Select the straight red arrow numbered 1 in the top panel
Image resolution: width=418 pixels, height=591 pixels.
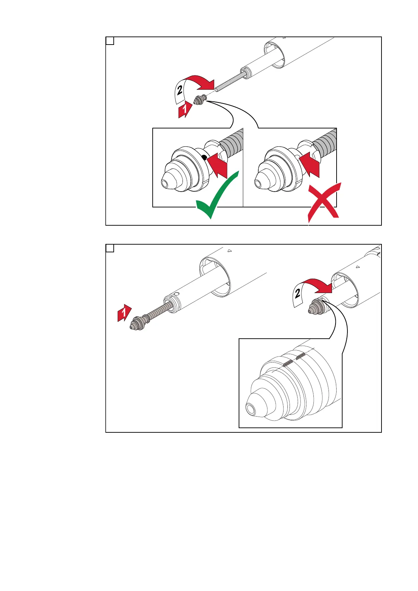tap(185, 109)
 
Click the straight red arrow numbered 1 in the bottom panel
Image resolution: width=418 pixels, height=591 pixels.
tap(124, 313)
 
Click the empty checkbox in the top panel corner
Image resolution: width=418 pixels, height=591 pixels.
tap(110, 41)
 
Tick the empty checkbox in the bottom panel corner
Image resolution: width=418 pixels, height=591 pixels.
tap(110, 248)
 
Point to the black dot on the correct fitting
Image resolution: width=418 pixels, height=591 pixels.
tap(204, 158)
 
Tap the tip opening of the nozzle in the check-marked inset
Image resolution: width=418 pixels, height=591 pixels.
tap(165, 184)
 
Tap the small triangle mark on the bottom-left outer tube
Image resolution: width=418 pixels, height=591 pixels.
tap(230, 251)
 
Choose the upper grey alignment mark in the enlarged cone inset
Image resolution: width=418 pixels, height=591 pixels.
tap(300, 357)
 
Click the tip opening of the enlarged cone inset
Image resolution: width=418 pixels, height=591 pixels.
tap(251, 410)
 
